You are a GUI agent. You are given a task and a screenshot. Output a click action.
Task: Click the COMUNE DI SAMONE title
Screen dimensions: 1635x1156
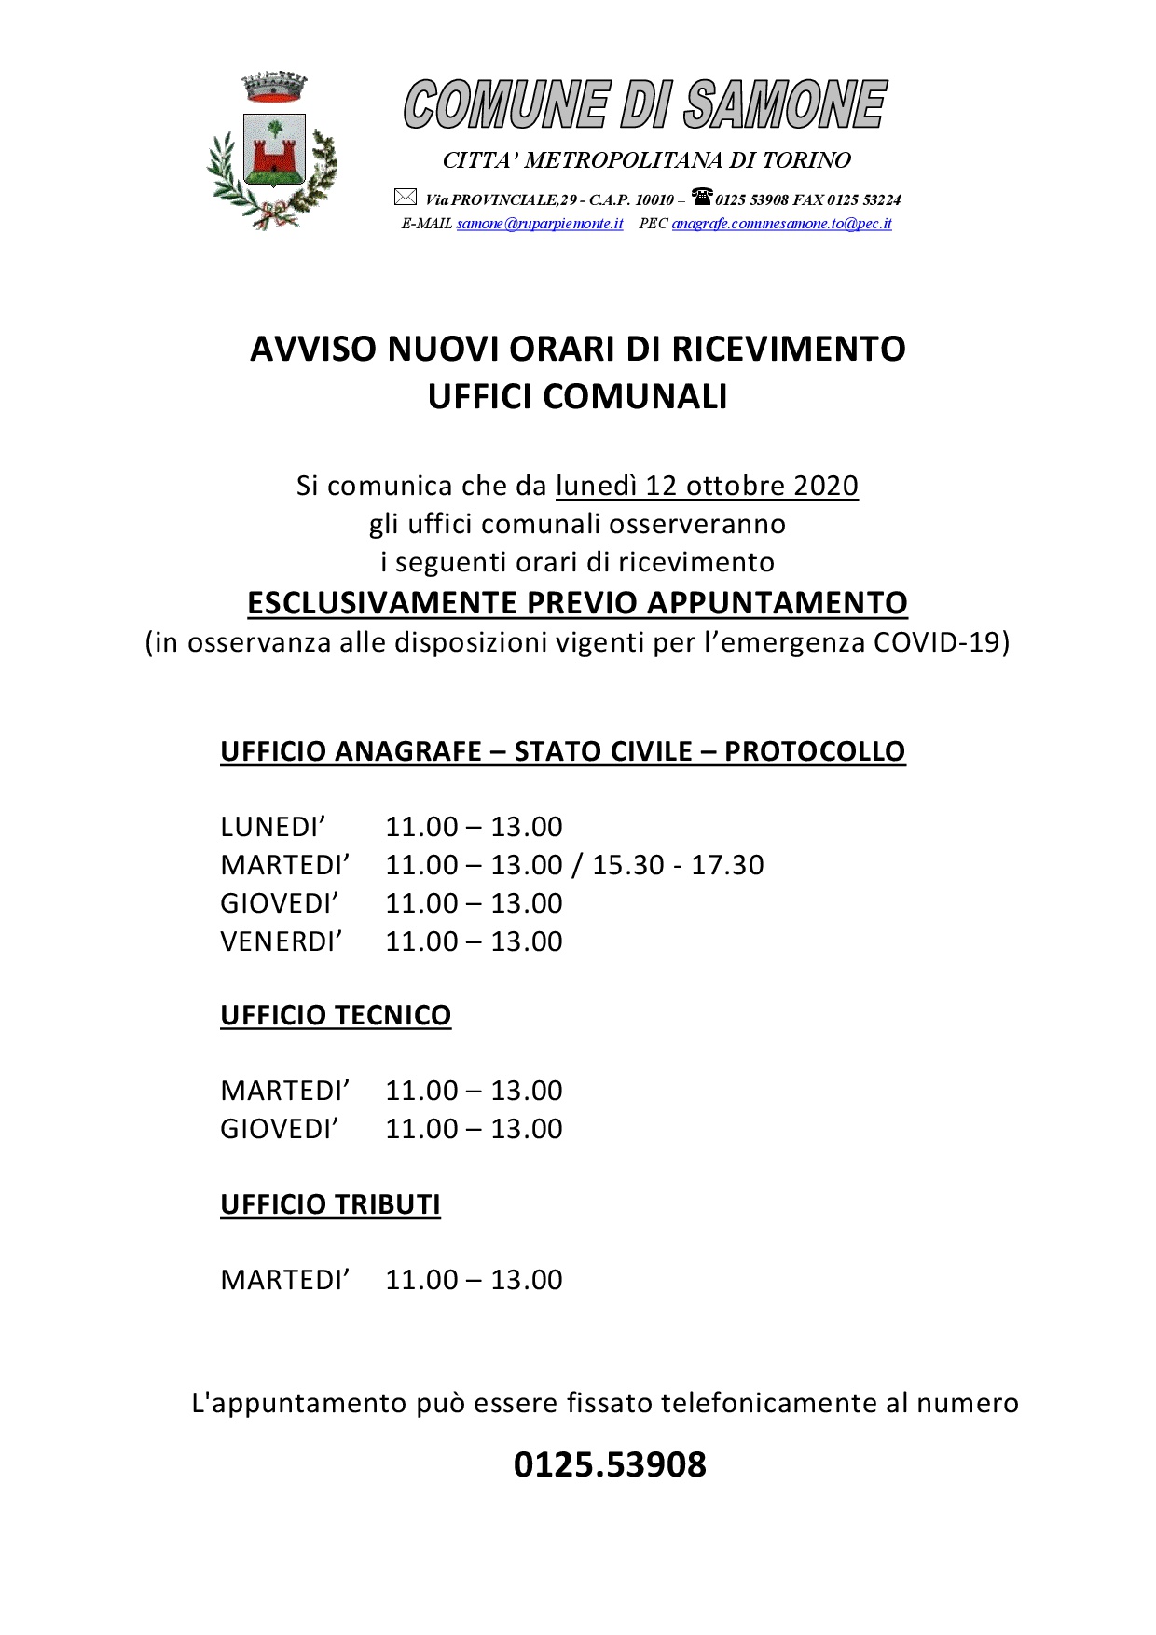coord(644,104)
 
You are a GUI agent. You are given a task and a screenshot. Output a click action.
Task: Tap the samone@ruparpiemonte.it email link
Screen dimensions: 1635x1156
coord(540,224)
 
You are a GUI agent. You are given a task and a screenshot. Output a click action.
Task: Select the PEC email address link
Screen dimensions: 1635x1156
coord(781,224)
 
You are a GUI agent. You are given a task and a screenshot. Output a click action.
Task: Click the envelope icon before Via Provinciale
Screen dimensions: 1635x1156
coord(405,198)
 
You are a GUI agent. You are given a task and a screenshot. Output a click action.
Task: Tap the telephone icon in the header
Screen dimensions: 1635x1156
coord(701,197)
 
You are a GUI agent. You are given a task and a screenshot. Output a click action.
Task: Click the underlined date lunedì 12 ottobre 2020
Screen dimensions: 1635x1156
coord(707,486)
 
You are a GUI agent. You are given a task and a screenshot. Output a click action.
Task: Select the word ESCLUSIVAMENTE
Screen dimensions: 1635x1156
coord(382,603)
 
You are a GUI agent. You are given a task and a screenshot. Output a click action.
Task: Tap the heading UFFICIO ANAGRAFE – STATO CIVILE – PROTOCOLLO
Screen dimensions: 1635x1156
coord(562,751)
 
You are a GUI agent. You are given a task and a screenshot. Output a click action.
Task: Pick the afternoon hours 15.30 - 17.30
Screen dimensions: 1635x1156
coord(678,865)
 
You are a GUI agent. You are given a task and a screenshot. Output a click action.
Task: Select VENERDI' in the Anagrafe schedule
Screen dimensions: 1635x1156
coord(282,941)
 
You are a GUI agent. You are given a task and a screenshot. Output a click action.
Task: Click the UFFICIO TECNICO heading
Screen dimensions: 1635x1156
coord(336,1015)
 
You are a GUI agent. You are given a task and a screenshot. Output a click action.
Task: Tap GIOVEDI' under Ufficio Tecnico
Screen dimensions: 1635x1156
coord(280,1129)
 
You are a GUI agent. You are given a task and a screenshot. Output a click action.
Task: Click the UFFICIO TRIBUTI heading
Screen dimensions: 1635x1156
coord(330,1204)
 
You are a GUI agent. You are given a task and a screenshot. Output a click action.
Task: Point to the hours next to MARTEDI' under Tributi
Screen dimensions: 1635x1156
coord(474,1280)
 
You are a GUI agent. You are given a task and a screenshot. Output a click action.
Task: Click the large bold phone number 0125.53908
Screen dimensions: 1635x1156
coord(610,1464)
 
